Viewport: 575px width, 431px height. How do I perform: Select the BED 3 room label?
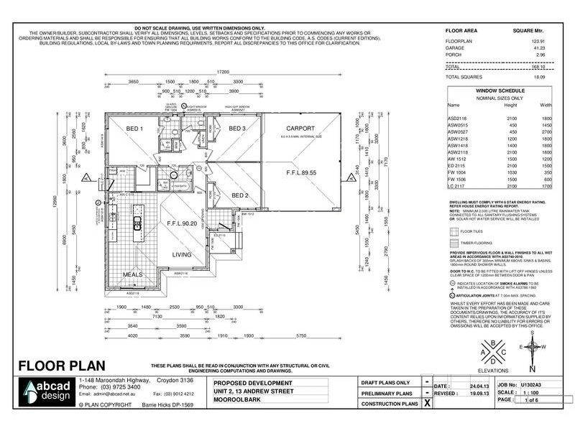pyautogui.click(x=238, y=129)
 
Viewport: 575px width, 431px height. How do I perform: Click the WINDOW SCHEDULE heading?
pyautogui.click(x=500, y=91)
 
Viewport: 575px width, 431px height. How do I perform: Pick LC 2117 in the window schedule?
pyautogui.click(x=457, y=185)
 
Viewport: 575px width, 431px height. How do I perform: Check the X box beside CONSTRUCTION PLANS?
pyautogui.click(x=428, y=404)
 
